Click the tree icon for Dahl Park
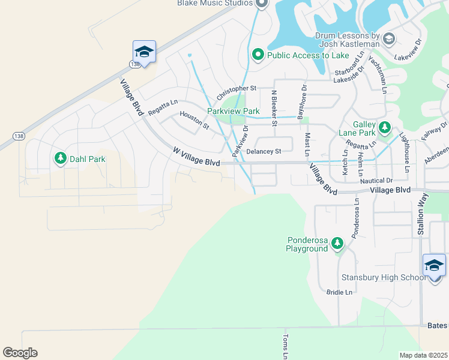(x=60, y=158)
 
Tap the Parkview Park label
(x=233, y=111)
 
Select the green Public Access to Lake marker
(x=258, y=55)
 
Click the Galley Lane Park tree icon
(x=384, y=128)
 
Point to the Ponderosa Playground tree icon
(x=337, y=244)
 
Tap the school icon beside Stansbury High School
(x=434, y=265)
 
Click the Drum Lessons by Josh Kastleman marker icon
(x=388, y=40)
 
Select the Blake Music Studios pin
(x=261, y=4)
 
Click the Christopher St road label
(x=237, y=88)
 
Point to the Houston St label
(x=194, y=121)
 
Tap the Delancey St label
(x=264, y=152)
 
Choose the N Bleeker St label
(x=274, y=108)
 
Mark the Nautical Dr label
(x=376, y=181)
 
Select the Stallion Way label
(x=422, y=213)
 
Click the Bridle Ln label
(x=339, y=292)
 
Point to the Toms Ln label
(x=286, y=347)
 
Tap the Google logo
(x=20, y=353)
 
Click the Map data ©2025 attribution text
(x=423, y=355)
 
